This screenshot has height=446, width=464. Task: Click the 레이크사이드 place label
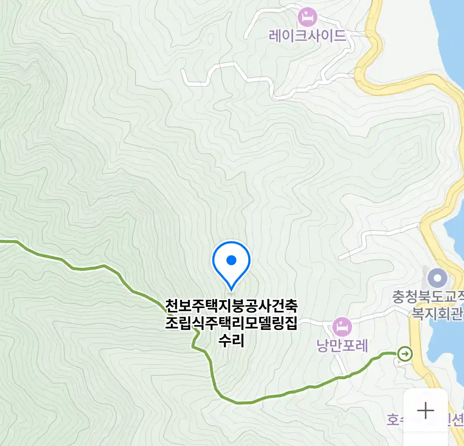(307, 36)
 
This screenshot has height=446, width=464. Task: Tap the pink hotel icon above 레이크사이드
(308, 17)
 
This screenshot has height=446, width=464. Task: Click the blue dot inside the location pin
(231, 260)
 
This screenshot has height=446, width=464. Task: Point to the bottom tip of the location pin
(231, 289)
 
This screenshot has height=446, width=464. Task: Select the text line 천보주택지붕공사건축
(231, 306)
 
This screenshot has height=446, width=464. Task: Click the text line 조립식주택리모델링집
(231, 323)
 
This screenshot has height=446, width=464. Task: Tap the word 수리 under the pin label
(231, 341)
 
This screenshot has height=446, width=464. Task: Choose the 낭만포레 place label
(342, 345)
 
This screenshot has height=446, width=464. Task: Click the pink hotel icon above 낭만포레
(342, 327)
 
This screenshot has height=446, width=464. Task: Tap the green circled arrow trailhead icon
(405, 354)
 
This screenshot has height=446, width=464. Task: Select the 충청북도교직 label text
(427, 297)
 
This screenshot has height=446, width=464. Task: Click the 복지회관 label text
(437, 314)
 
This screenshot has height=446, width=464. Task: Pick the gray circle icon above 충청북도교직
(438, 278)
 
